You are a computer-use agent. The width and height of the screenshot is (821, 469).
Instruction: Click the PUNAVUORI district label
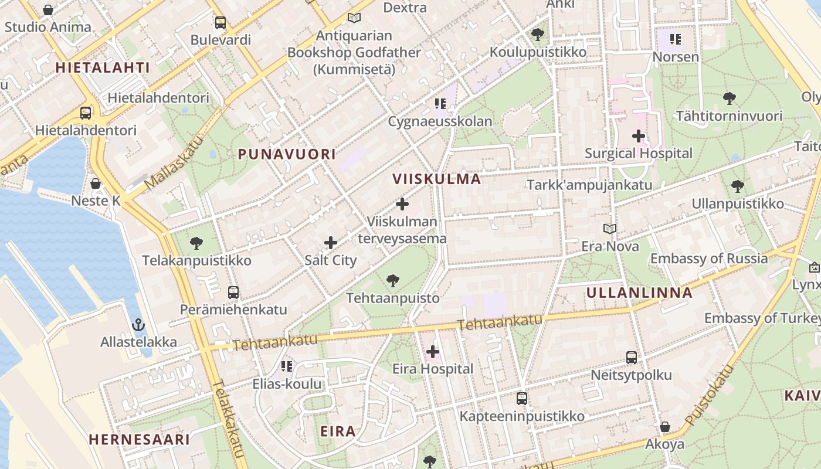pos(287,154)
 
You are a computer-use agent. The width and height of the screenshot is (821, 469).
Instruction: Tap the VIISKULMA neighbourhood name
pos(436,179)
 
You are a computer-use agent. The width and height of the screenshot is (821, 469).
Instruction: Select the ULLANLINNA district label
pos(639,293)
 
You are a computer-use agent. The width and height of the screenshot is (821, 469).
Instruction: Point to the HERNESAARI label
pos(139,439)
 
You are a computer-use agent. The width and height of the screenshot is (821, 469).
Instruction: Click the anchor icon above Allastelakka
pos(138,325)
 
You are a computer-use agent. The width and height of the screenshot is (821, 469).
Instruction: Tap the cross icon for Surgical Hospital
pos(639,137)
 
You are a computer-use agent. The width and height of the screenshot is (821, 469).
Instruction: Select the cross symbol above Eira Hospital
pos(433,352)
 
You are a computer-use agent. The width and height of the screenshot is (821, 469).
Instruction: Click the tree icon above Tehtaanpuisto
pos(393,281)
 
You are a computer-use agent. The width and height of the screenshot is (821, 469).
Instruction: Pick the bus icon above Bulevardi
pos(220,23)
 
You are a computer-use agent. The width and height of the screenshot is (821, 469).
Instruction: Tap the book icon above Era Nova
pos(610,229)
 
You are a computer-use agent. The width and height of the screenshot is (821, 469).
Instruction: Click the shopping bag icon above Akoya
pos(665,427)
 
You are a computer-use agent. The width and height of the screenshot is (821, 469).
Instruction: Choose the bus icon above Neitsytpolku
pos(632,358)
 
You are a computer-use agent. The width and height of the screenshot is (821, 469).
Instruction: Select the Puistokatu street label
pos(710,396)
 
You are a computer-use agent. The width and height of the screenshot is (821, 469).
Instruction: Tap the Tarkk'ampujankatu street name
pos(589,185)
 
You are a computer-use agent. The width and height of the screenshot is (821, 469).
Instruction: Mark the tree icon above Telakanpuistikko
pos(196,243)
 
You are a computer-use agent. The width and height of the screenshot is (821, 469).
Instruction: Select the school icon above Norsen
pos(676,39)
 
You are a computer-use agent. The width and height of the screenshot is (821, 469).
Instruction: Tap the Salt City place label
pos(331,260)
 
